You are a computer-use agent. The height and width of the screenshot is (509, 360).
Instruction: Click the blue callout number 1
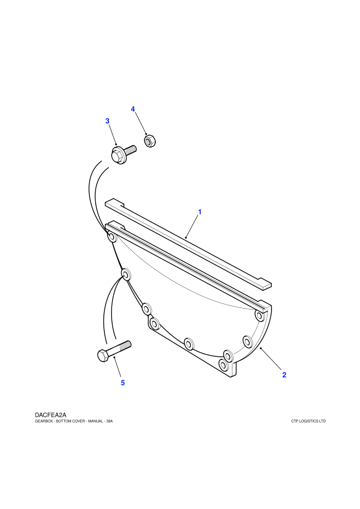point(200,212)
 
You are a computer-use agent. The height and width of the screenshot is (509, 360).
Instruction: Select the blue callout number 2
point(284,375)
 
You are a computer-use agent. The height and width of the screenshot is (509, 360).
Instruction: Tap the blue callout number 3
point(107,121)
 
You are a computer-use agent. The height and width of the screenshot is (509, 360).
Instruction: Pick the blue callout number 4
point(133,109)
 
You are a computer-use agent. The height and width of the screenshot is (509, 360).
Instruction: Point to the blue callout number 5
point(123,383)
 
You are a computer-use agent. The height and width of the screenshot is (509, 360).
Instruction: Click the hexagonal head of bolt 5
point(102,356)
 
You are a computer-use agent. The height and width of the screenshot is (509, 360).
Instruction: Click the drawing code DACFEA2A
point(50,415)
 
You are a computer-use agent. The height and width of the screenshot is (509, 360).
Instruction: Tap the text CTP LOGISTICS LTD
point(309,422)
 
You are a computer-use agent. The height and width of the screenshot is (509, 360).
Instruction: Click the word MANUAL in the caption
point(96,422)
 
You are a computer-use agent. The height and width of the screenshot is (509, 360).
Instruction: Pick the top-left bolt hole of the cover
point(112,237)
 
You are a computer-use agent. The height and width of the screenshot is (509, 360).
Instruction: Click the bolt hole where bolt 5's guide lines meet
point(125,275)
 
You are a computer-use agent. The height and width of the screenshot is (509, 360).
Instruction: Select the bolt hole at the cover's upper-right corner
point(259,315)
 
